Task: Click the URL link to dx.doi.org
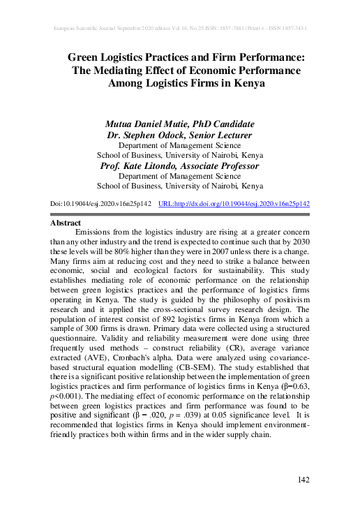tap(234, 203)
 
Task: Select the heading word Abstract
tap(66, 223)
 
